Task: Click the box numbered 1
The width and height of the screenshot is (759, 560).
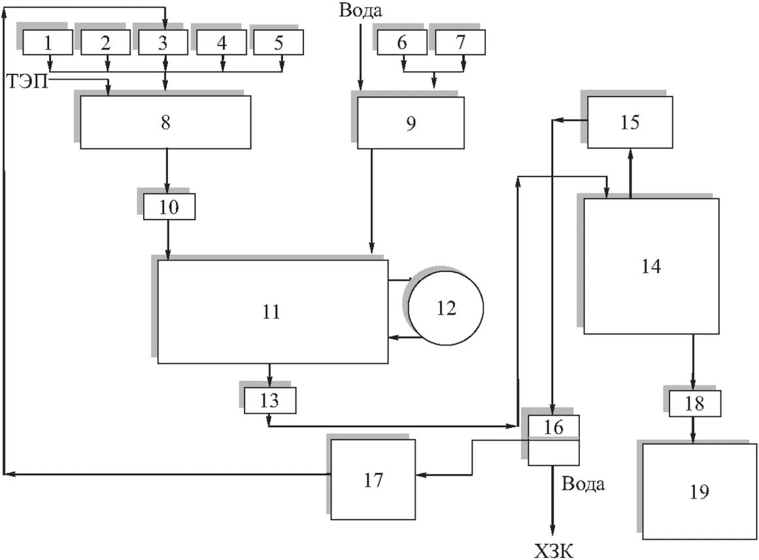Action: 48,42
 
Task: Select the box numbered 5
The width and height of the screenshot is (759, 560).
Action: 278,42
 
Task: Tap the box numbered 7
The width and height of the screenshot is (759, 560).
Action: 460,42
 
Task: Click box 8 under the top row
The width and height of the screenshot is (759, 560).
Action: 165,122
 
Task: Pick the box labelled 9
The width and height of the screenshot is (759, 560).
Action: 411,122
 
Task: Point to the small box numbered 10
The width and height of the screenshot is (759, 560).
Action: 169,207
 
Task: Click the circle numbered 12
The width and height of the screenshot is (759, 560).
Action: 446,308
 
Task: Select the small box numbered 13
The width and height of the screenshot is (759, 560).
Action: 269,401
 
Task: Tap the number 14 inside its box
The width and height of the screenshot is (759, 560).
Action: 651,266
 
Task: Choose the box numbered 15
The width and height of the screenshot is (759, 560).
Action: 630,122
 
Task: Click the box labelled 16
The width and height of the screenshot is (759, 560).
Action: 553,440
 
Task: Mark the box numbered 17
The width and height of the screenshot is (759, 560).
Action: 373,479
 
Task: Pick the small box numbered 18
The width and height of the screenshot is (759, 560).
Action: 695,404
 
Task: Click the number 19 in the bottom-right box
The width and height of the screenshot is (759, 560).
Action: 700,491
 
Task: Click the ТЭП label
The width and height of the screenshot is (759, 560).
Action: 28,82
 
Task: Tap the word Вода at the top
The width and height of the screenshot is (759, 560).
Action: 360,10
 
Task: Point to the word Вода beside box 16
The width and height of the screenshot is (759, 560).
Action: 582,483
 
